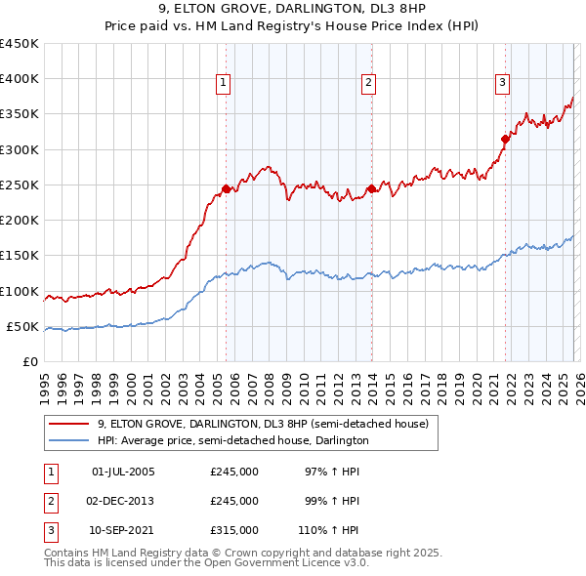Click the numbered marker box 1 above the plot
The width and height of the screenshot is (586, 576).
pyautogui.click(x=224, y=84)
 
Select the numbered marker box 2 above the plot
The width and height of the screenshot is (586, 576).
pyautogui.click(x=369, y=84)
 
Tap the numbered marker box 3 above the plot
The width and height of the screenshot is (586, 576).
pyautogui.click(x=502, y=84)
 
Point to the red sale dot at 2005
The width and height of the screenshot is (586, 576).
pyautogui.click(x=226, y=188)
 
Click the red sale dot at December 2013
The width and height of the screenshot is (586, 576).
pyautogui.click(x=372, y=188)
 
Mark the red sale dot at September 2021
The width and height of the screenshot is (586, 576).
pyautogui.click(x=506, y=139)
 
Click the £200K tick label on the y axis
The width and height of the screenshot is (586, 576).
pyautogui.click(x=21, y=221)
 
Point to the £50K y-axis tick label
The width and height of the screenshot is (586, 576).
pyautogui.click(x=23, y=326)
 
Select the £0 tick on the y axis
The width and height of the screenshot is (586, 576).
pyautogui.click(x=30, y=361)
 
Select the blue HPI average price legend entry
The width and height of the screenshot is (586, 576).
pyautogui.click(x=232, y=440)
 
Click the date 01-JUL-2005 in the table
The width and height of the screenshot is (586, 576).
pyautogui.click(x=123, y=472)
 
